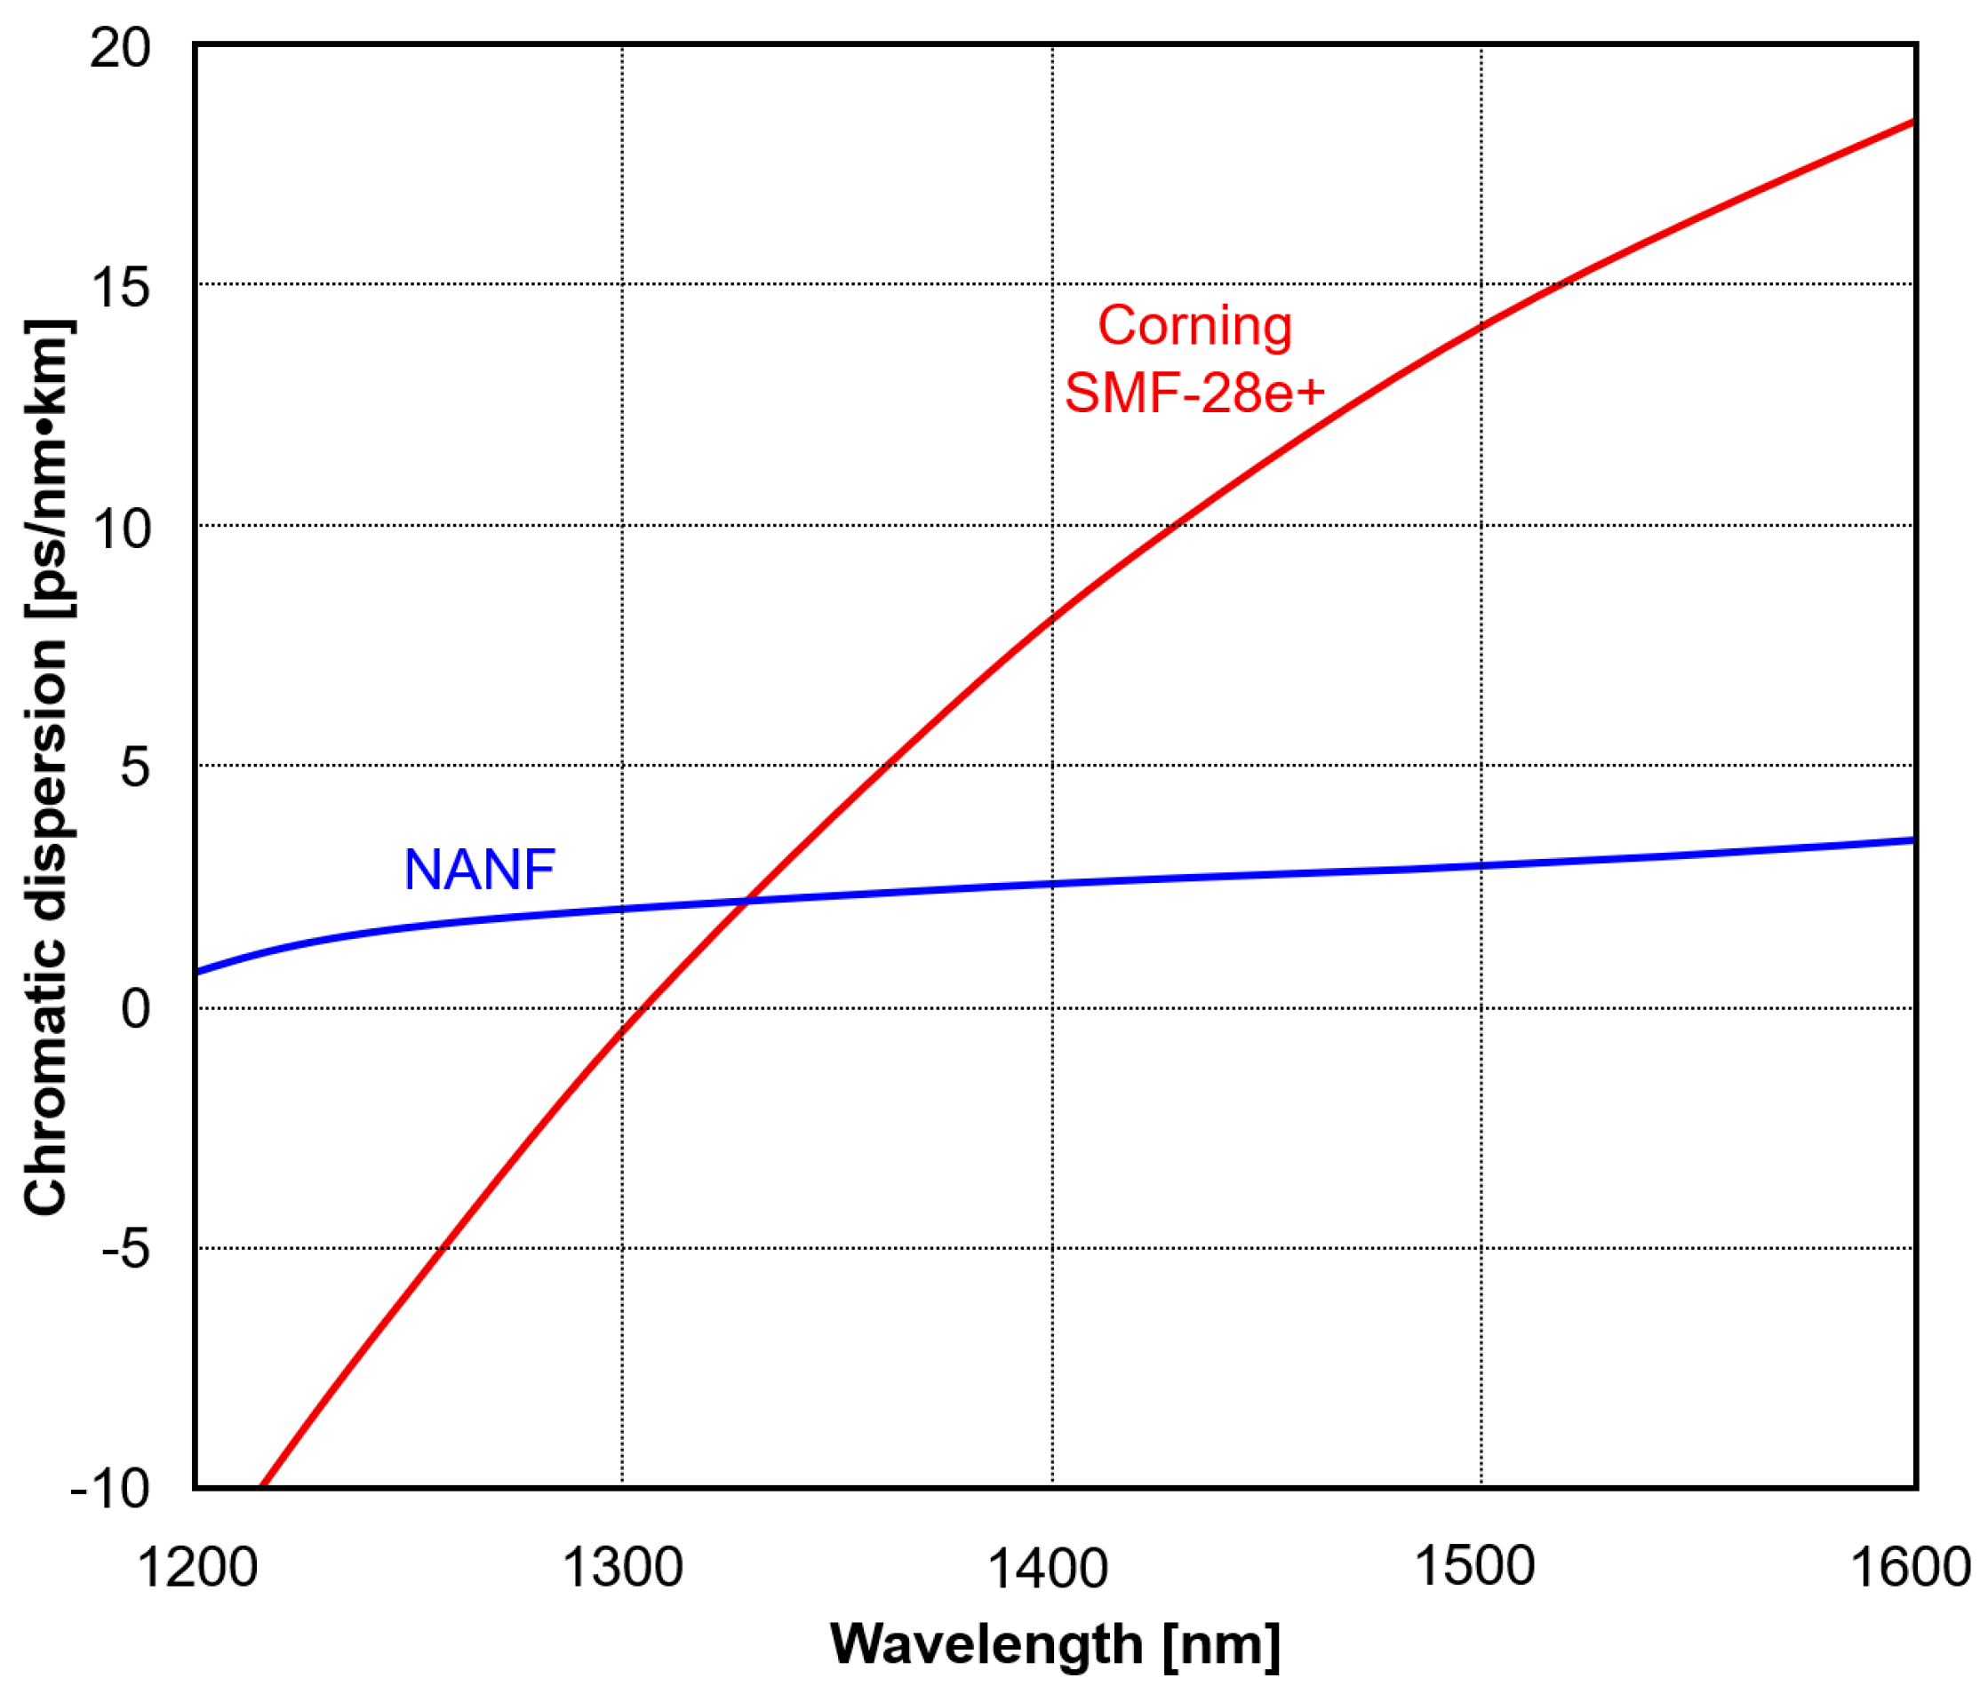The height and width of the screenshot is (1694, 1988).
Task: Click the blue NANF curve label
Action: [479, 870]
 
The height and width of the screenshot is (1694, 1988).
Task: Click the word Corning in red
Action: [1194, 326]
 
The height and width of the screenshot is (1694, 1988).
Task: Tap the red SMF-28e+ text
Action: [1194, 394]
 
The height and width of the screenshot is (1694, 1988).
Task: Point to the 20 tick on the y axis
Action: [120, 48]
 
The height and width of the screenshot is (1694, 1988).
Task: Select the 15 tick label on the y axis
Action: [120, 287]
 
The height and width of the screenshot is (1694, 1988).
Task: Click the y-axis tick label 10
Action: [120, 529]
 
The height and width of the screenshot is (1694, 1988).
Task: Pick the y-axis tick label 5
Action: [135, 767]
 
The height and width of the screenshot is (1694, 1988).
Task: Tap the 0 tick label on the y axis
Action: [135, 1008]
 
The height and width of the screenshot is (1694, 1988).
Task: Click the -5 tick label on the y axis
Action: [125, 1249]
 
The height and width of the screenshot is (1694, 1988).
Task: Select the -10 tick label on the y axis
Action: [110, 1489]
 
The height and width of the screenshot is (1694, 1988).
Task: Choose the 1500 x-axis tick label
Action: [1474, 1566]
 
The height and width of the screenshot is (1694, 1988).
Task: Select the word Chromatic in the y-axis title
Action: [45, 1074]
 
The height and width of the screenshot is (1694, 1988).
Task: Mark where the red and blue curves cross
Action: [746, 901]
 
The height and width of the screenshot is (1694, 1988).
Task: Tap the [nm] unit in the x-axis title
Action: [1220, 1646]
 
